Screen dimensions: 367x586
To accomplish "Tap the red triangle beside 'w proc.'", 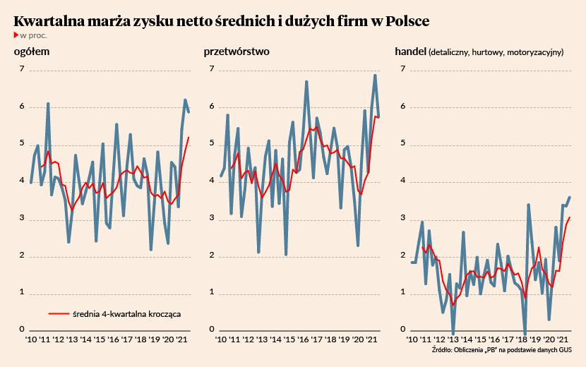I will (x=16, y=35).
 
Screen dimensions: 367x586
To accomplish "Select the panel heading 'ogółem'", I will (x=32, y=52).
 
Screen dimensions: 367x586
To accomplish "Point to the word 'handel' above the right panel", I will (x=409, y=52).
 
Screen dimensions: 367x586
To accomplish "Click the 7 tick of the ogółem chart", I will (x=22, y=69).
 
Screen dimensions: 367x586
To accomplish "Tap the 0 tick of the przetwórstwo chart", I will (x=211, y=330).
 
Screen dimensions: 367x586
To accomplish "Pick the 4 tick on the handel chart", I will (x=402, y=181).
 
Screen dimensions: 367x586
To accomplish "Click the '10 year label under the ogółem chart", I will (x=32, y=340).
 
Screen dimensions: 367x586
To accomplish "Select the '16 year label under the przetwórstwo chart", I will (x=304, y=340).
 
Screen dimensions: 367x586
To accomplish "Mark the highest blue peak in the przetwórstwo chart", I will (x=375, y=76).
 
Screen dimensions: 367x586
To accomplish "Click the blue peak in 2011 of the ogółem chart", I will (x=48, y=104).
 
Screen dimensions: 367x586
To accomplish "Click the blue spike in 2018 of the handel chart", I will (x=528, y=205).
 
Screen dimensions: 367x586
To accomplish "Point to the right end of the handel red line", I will (x=570, y=217).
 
